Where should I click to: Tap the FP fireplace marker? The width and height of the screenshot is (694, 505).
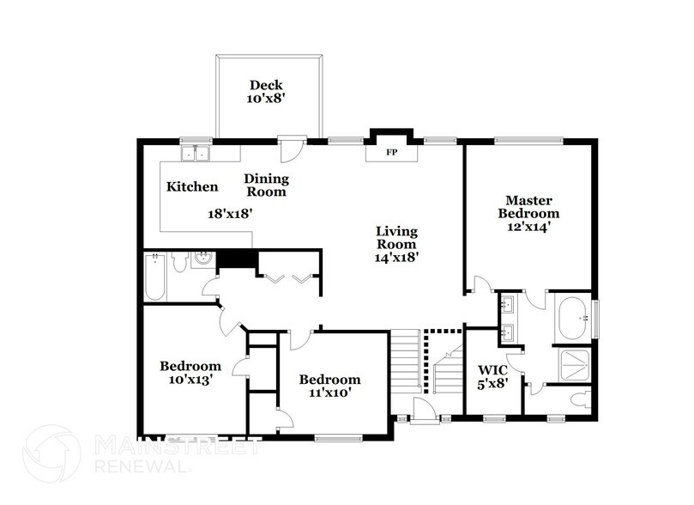click(391, 153)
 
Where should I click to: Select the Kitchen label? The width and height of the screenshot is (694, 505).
click(192, 187)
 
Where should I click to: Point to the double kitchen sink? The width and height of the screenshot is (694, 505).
click(198, 154)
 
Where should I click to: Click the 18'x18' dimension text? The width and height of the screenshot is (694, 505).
click(230, 214)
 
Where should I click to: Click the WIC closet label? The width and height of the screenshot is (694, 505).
click(492, 370)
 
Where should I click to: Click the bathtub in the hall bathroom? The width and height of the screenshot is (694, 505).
click(154, 277)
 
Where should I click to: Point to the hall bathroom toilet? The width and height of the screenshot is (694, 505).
click(179, 263)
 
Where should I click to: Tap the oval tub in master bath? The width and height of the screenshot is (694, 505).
click(571, 317)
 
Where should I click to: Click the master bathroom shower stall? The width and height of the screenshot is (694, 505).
click(573, 364)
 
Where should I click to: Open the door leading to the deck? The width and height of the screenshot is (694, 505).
click(292, 146)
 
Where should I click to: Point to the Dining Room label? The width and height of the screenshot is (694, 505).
click(266, 186)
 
